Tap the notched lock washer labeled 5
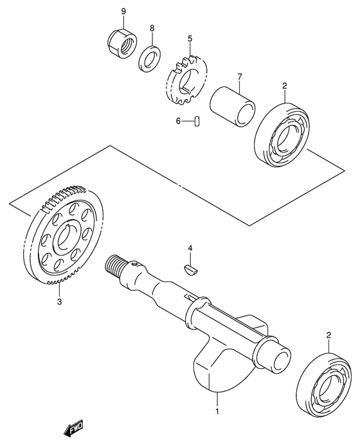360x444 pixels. (185, 83)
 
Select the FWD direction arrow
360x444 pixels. (73, 429)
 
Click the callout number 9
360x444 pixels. (123, 12)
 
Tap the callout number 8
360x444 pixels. (152, 28)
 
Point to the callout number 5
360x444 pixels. (190, 39)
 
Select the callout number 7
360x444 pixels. (239, 77)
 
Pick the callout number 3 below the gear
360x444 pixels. (59, 301)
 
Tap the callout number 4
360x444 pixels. (190, 248)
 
